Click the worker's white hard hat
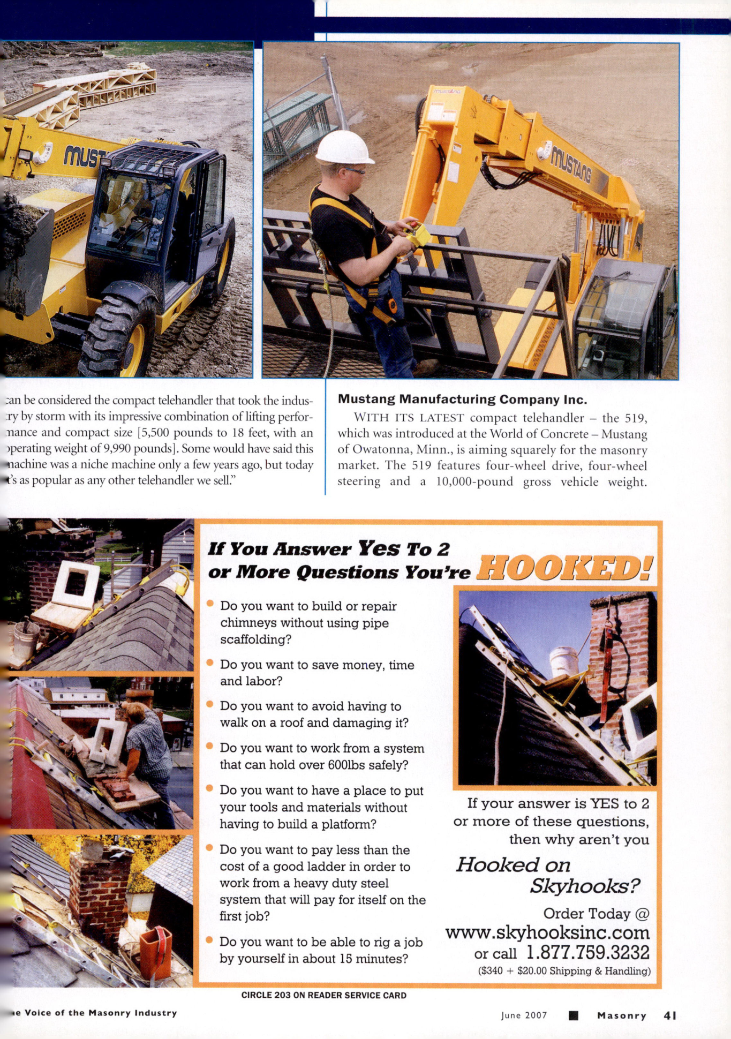(344, 147)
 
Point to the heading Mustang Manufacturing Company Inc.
(462, 399)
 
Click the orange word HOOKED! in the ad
(564, 568)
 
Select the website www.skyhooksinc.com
(547, 932)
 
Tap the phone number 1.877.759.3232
(587, 952)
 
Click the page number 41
(670, 1015)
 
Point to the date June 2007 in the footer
(524, 1015)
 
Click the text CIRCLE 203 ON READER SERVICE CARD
(323, 995)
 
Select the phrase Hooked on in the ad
(513, 864)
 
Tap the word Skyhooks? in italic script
(584, 886)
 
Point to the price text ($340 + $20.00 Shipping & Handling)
(564, 971)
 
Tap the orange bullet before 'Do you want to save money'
(210, 663)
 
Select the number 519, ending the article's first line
(636, 418)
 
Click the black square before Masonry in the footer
(573, 1015)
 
